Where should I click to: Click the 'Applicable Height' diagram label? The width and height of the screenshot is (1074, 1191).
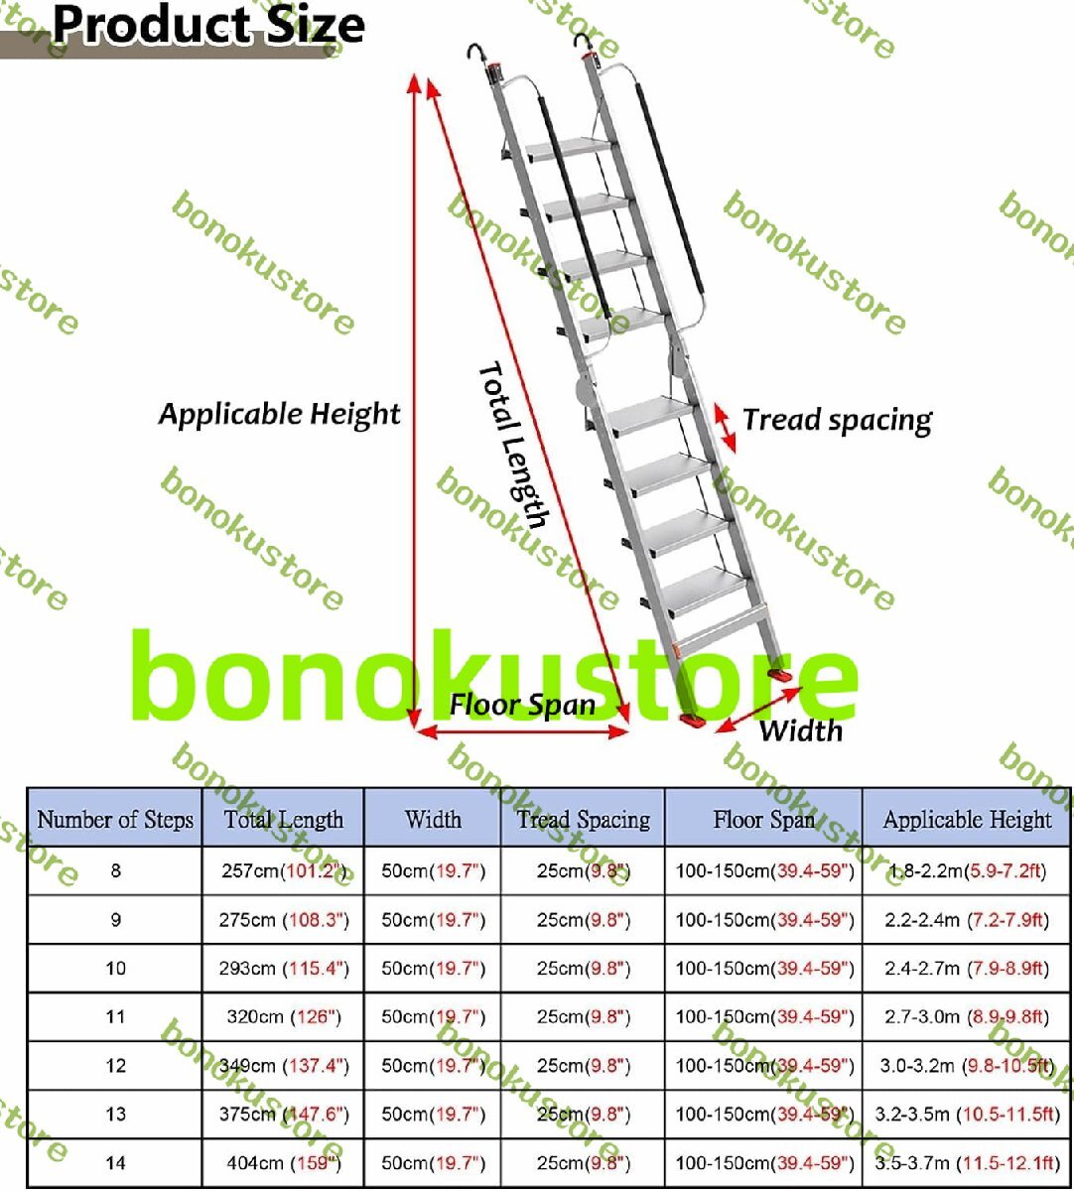tap(279, 414)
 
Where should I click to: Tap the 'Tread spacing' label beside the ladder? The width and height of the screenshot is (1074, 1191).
tap(837, 420)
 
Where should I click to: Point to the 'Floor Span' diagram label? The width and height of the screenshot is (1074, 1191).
tap(522, 705)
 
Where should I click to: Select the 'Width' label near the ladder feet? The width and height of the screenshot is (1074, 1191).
tap(800, 731)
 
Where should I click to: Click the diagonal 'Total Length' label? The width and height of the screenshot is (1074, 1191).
tap(513, 444)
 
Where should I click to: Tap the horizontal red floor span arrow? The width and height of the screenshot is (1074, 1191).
tap(522, 732)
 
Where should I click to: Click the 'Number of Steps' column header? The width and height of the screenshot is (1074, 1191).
tap(115, 820)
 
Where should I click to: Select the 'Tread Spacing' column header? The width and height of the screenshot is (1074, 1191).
tap(583, 820)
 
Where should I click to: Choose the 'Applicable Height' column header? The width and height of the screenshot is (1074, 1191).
tap(967, 820)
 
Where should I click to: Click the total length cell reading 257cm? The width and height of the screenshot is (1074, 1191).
tap(284, 871)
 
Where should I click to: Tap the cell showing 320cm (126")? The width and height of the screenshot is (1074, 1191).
tap(284, 1016)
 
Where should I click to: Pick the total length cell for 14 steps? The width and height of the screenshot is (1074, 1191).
tap(284, 1162)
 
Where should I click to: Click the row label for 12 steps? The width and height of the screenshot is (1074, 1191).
tap(115, 1065)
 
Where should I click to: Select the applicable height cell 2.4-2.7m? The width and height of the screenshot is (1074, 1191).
tap(967, 968)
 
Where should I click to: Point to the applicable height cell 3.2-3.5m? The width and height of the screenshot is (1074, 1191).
tap(967, 1114)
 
